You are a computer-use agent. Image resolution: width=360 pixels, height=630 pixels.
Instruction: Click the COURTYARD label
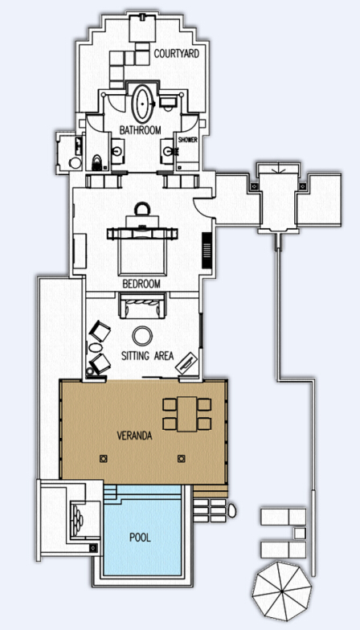click(177, 53)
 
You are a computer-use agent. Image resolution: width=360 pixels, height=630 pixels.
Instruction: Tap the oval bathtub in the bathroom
click(143, 104)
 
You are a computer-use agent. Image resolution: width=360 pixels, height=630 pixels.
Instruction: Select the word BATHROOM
click(140, 130)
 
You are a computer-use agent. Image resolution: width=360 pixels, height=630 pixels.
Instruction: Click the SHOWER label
click(188, 140)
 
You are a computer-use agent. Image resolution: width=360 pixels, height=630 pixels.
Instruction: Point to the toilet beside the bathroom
click(97, 162)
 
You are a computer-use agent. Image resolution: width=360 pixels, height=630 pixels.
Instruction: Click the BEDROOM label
click(141, 284)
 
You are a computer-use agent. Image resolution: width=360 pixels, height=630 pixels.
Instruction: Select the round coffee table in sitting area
click(143, 336)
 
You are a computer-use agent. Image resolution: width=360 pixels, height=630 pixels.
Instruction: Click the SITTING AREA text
click(148, 355)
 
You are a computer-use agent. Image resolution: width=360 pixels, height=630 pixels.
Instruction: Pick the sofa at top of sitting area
click(142, 305)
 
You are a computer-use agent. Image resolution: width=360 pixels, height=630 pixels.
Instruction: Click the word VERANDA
click(134, 436)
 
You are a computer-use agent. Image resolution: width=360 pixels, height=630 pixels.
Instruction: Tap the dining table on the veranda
click(187, 414)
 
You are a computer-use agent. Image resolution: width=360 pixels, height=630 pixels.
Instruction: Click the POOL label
click(140, 537)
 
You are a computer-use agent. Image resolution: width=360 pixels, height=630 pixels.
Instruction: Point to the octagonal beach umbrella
click(281, 590)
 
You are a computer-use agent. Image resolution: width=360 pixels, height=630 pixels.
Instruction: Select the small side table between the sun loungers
click(300, 534)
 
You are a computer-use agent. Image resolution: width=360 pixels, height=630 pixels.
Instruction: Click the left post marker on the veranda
click(103, 458)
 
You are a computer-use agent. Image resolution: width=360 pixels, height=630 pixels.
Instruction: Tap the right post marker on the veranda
click(182, 458)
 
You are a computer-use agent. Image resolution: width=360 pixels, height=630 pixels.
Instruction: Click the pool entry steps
click(111, 493)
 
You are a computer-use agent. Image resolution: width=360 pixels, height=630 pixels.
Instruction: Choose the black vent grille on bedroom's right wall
click(207, 251)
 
